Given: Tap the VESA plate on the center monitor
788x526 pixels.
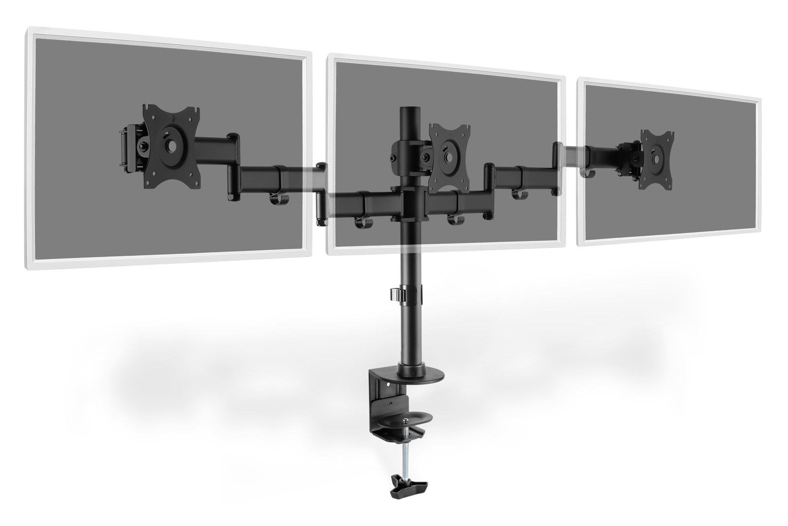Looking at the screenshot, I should [448, 154].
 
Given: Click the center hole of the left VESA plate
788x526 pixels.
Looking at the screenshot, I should [172, 146].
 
